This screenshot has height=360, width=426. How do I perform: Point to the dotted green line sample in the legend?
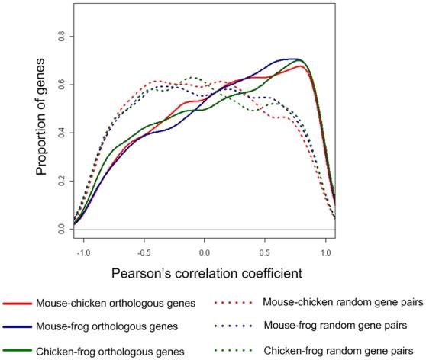235,350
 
